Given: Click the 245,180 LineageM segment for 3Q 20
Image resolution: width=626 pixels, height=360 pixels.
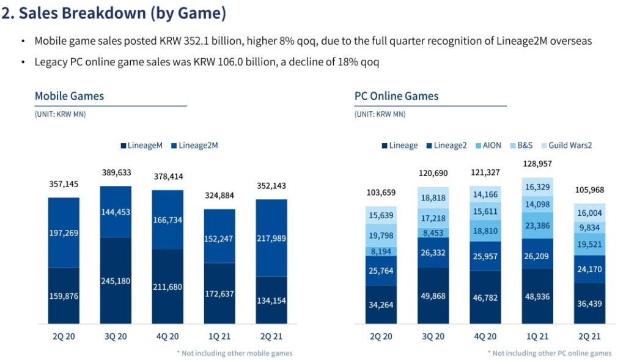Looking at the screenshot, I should pyautogui.click(x=124, y=281).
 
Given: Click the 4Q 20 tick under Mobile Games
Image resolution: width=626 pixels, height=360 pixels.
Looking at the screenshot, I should pyautogui.click(x=167, y=336).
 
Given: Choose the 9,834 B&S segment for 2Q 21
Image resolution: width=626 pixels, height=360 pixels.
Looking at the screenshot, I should pyautogui.click(x=589, y=227).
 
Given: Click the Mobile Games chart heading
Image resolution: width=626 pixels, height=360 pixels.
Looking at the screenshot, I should pyautogui.click(x=69, y=96).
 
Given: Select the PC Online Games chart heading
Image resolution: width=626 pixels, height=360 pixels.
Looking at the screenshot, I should pyautogui.click(x=396, y=96).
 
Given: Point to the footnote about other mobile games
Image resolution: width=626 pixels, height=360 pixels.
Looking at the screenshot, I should pyautogui.click(x=234, y=353).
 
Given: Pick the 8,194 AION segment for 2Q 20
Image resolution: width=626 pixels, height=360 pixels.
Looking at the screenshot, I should pyautogui.click(x=381, y=251).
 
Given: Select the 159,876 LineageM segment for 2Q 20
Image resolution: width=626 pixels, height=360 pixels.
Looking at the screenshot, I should pyautogui.click(x=64, y=296).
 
